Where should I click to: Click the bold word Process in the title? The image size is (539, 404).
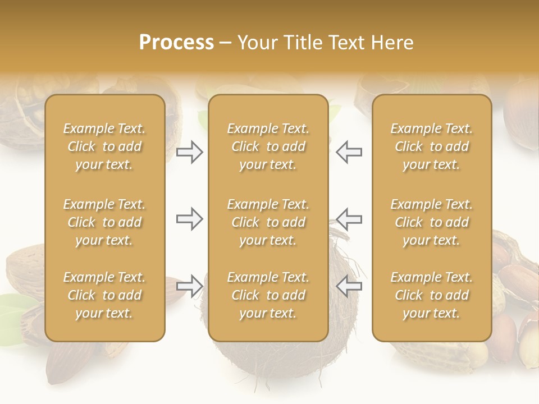(x=176, y=43)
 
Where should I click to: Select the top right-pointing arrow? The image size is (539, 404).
(x=189, y=152)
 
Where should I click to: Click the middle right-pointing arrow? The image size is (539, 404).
(x=189, y=219)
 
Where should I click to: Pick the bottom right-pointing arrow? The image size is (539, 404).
(x=189, y=286)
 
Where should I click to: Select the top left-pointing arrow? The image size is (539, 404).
(x=349, y=152)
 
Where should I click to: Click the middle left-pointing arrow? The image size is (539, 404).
(x=349, y=219)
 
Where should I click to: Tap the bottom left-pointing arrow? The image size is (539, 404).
(x=349, y=286)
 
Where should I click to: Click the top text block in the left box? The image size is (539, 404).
(x=104, y=146)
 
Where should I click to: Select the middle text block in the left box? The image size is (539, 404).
(x=104, y=222)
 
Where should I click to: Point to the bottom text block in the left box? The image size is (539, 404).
(x=104, y=295)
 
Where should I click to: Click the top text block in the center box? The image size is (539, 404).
(x=268, y=146)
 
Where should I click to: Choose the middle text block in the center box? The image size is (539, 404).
(x=268, y=222)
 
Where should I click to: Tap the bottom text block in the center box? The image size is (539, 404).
(x=268, y=295)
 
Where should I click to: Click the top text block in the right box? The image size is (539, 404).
(x=431, y=146)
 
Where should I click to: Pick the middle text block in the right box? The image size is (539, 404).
(x=431, y=222)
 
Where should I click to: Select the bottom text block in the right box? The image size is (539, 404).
(x=431, y=295)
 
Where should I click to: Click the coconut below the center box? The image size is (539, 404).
(x=268, y=362)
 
